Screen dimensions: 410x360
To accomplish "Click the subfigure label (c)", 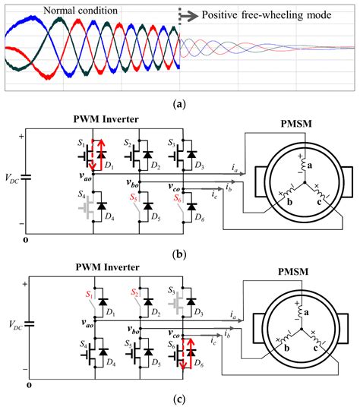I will coord(180,400).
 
